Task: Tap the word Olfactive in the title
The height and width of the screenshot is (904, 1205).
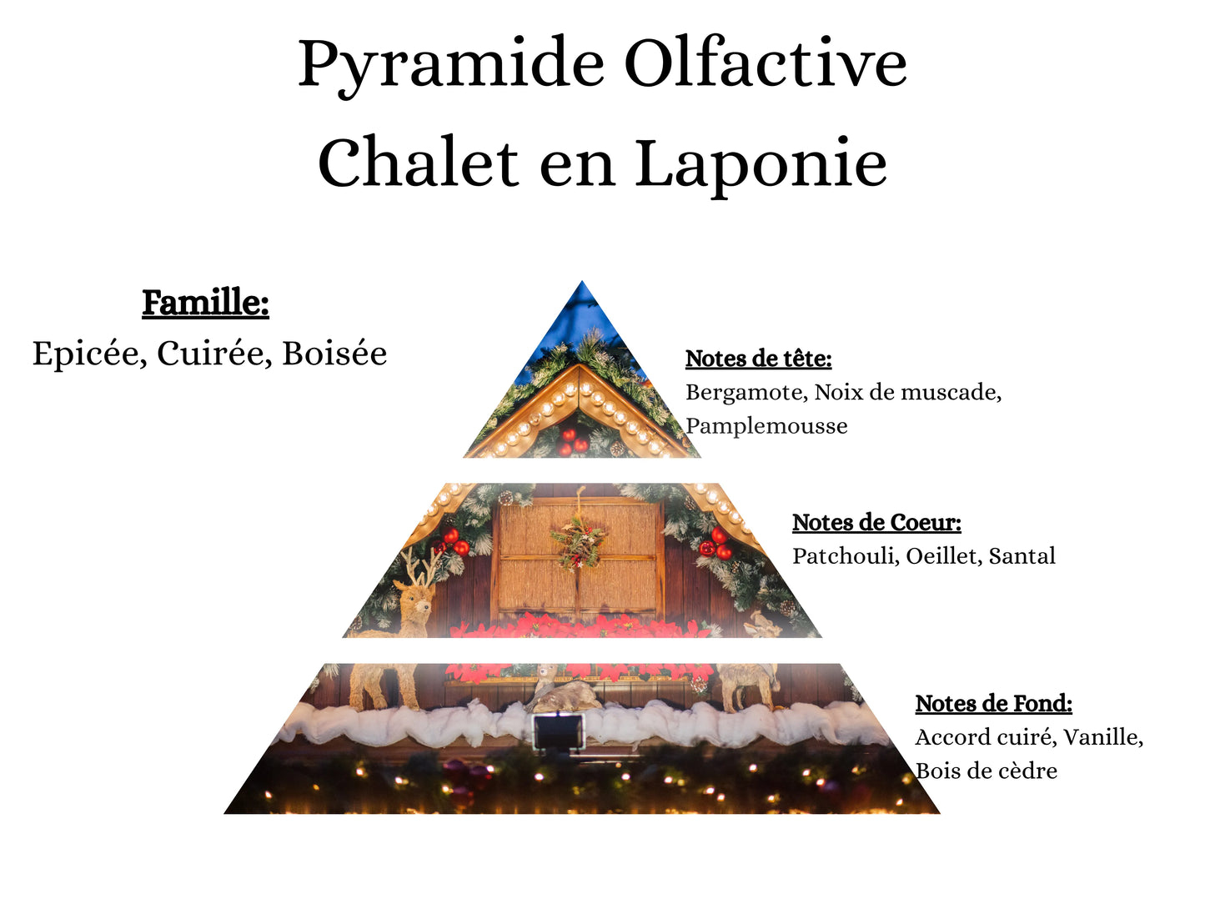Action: pos(765,63)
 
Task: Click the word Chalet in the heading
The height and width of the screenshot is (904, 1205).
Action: pos(418,163)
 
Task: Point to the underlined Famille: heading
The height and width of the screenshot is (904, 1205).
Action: pos(205,303)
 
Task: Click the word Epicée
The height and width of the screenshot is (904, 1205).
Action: pos(86,354)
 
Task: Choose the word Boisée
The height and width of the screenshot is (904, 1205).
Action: pos(334,354)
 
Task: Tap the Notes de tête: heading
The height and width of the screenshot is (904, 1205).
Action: pos(758,359)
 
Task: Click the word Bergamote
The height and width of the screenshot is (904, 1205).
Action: pos(746,393)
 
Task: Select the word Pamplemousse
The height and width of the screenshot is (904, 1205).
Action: pos(766,426)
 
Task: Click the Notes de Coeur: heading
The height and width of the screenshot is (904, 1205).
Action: pos(876,523)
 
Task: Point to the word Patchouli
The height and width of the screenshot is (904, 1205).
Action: pos(845,556)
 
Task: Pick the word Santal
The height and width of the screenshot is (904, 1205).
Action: pos(1022,556)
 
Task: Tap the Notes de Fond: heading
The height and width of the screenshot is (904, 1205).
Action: pos(993,704)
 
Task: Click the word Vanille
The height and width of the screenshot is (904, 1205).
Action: pos(1102,738)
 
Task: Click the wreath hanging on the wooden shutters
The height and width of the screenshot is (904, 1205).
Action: pos(578,540)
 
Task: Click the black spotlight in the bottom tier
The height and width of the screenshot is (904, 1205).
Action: pos(557,731)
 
